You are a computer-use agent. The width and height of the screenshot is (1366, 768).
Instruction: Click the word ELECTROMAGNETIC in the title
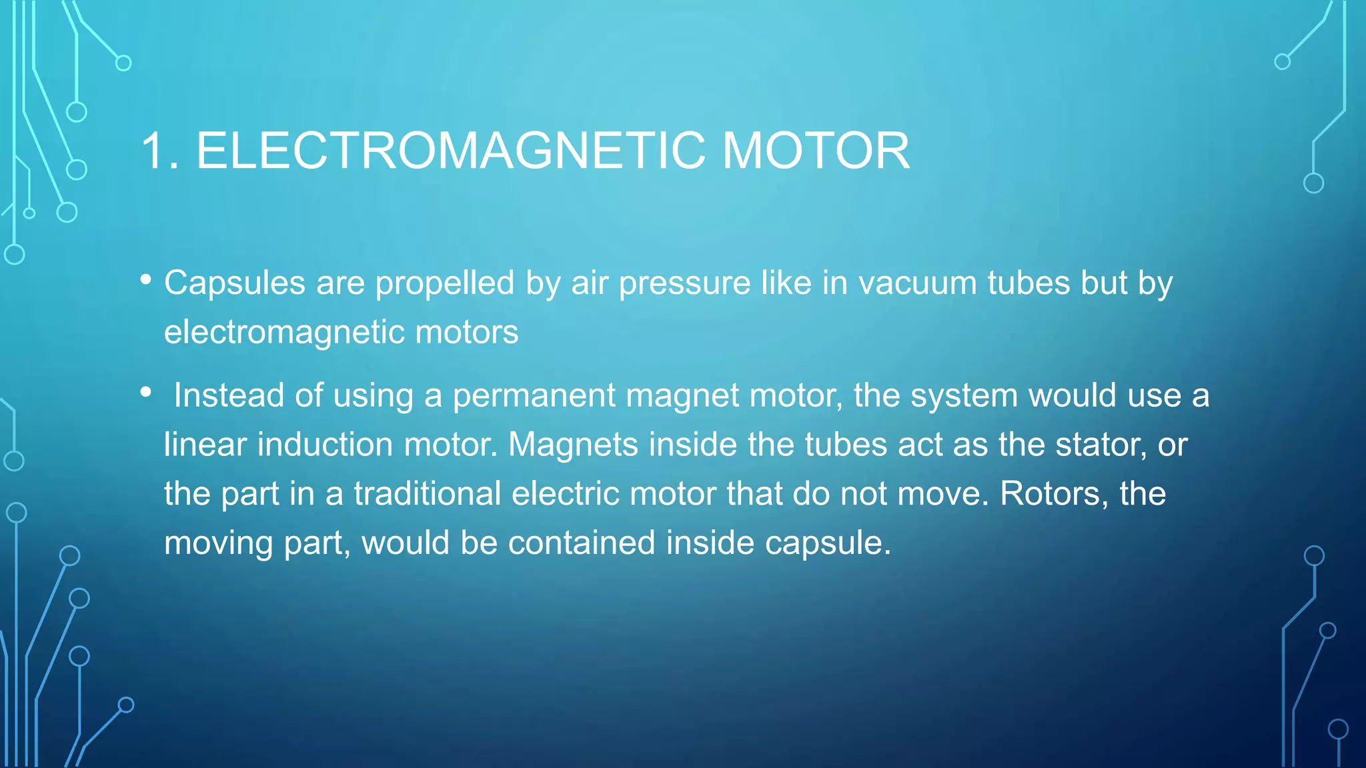click(x=450, y=151)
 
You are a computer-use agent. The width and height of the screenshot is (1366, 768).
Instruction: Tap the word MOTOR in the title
click(x=816, y=151)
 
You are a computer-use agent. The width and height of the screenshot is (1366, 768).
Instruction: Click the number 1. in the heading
click(x=159, y=151)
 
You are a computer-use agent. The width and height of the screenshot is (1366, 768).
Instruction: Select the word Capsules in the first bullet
click(x=235, y=283)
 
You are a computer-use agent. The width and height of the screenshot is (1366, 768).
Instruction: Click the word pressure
click(x=684, y=284)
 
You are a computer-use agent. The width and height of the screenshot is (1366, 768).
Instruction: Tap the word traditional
click(x=427, y=493)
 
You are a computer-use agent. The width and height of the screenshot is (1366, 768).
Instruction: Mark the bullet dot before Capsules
click(x=146, y=280)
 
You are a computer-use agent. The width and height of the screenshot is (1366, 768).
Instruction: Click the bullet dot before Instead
click(x=146, y=393)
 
